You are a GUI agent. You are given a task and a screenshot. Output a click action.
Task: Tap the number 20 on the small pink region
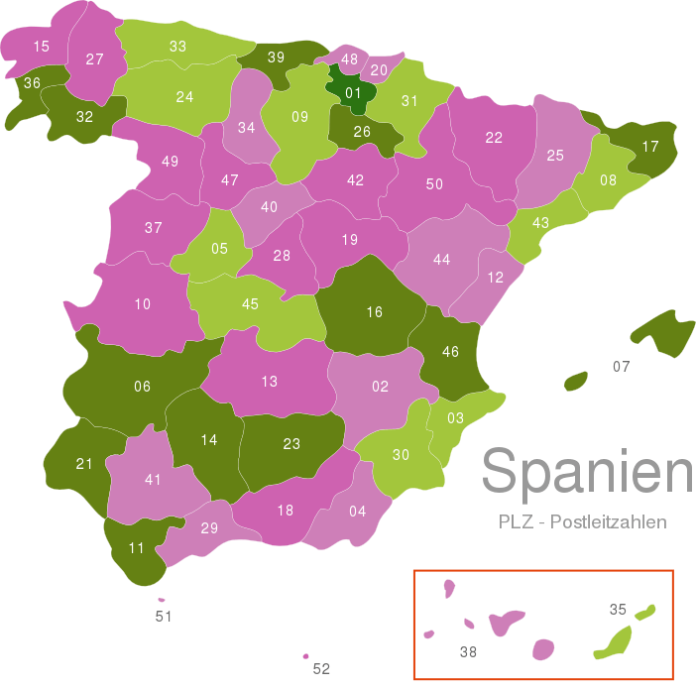pyautogui.click(x=379, y=70)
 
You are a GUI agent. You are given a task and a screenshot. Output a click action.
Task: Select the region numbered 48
pyautogui.click(x=348, y=59)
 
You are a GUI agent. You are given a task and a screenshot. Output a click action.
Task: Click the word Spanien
pyautogui.click(x=587, y=472)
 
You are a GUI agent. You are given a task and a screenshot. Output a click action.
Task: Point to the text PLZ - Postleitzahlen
pyautogui.click(x=582, y=521)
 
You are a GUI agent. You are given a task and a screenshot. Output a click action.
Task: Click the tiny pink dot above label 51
pyautogui.click(x=162, y=599)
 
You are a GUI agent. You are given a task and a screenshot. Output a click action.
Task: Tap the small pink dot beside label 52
pyautogui.click(x=305, y=655)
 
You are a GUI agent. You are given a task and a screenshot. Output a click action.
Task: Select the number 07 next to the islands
pyautogui.click(x=621, y=367)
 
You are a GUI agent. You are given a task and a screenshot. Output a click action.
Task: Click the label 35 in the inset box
pyautogui.click(x=618, y=610)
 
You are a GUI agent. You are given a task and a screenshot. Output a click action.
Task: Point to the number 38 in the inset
pyautogui.click(x=469, y=651)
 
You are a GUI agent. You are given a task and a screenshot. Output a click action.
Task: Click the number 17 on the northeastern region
pyautogui.click(x=649, y=147)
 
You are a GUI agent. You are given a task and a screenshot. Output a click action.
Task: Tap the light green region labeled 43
pyautogui.click(x=540, y=223)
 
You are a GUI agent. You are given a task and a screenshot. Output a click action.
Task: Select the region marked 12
pyautogui.click(x=494, y=278)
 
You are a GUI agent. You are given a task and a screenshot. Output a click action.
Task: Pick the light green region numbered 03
pyautogui.click(x=455, y=417)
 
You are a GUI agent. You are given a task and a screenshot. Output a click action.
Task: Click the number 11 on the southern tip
pyautogui.click(x=136, y=548)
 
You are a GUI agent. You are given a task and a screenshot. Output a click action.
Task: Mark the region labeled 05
pyautogui.click(x=219, y=249)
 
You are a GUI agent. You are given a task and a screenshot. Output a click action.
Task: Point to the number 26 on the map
pyautogui.click(x=362, y=131)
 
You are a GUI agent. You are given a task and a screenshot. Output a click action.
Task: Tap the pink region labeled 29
pyautogui.click(x=208, y=528)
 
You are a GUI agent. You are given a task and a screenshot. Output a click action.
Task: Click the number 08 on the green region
pyautogui.click(x=608, y=180)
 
